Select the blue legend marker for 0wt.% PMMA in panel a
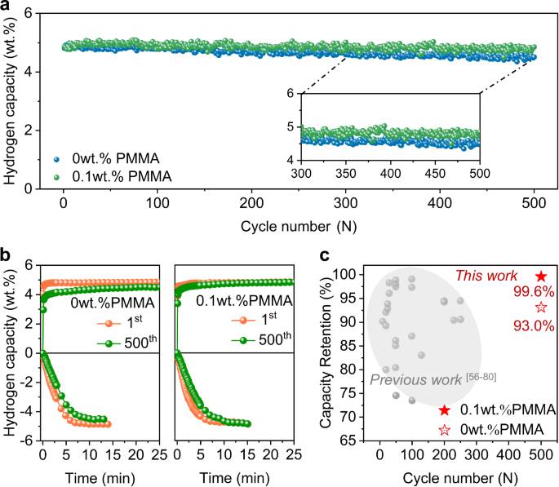coord(56,159)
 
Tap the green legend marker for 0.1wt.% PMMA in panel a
coord(56,177)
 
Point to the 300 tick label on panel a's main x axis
coord(345,203)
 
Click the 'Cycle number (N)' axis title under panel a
coord(299,226)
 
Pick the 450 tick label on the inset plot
coord(435,174)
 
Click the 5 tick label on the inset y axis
coord(291,126)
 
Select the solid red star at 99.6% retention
coord(541,276)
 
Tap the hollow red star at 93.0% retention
coord(541,307)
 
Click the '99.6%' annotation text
coord(534,292)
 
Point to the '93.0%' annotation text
coord(534,325)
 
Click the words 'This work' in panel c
coord(486,276)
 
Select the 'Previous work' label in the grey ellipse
coord(415,380)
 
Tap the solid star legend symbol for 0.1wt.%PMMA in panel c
coord(444,410)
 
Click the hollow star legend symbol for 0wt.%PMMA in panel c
coord(444,430)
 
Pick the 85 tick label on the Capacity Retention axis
coord(348,346)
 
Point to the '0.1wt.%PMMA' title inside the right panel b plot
coord(244,301)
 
